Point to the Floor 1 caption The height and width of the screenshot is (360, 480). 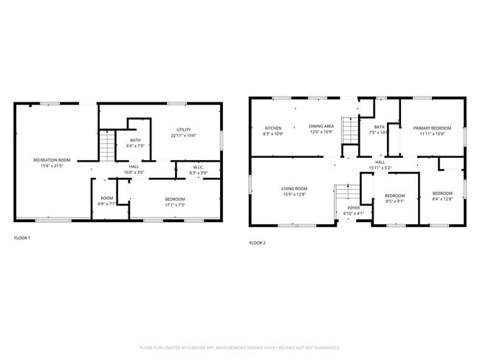coord(22,238)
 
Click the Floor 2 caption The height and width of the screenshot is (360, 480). coord(257,243)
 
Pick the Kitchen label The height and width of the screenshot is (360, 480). coord(273,128)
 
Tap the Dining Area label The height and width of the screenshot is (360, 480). coord(321,126)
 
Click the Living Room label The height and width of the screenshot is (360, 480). coord(294,189)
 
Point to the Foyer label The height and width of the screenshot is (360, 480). coord(354,208)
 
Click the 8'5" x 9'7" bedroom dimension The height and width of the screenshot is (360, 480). coord(395,201)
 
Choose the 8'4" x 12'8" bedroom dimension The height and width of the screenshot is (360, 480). coord(442,198)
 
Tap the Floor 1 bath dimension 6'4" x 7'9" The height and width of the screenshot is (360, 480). coord(135,146)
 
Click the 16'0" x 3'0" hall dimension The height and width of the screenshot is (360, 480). coord(134,172)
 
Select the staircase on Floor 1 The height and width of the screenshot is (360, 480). coord(109,146)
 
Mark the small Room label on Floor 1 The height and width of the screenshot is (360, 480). coord(107,198)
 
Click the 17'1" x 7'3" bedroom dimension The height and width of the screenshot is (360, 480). coord(174,204)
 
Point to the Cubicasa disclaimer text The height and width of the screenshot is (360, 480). coord(240,347)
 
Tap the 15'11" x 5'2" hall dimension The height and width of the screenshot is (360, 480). coord(380,167)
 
